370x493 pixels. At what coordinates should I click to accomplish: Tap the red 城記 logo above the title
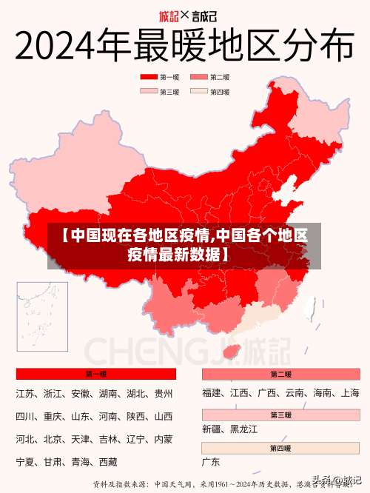[169, 16]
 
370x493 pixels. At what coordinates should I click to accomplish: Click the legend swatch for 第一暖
[149, 77]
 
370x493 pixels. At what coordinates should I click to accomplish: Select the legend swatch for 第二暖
[199, 77]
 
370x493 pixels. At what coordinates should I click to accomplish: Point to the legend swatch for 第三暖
[149, 92]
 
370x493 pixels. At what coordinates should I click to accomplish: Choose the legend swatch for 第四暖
[199, 92]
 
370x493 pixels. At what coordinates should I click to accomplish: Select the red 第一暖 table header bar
[95, 374]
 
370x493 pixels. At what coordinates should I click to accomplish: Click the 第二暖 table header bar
[280, 374]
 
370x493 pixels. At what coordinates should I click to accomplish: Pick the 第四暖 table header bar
[280, 448]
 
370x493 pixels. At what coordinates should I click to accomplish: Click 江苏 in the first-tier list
[26, 393]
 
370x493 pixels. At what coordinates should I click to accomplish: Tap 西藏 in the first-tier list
[108, 462]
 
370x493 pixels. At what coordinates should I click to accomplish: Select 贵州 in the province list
[163, 393]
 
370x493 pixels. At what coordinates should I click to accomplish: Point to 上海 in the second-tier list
[350, 393]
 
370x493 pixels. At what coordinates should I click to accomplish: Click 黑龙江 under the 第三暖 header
[243, 429]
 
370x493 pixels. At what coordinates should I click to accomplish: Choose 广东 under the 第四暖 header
[211, 462]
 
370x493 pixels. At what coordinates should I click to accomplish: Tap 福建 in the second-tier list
[212, 393]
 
